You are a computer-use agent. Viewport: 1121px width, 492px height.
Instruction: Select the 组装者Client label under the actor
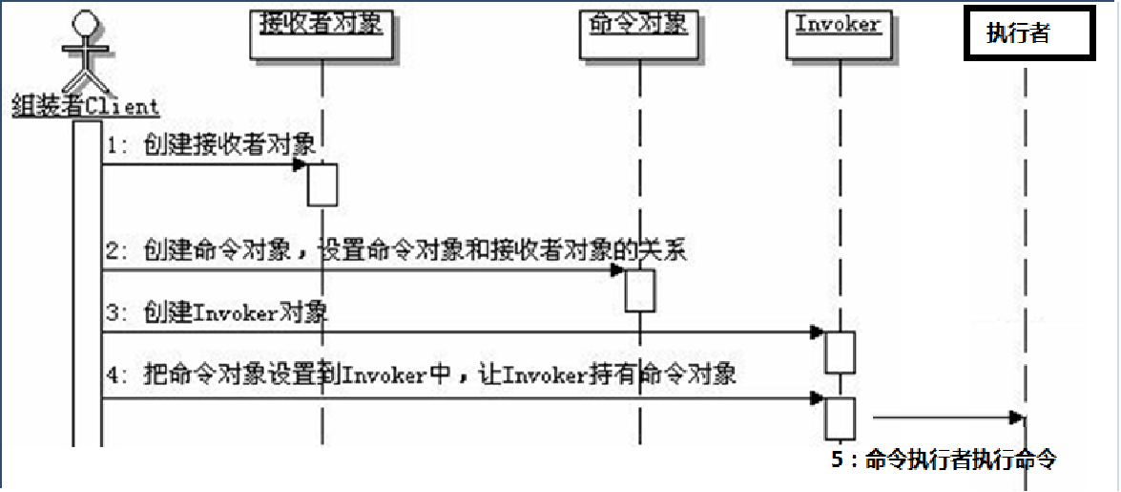(x=86, y=105)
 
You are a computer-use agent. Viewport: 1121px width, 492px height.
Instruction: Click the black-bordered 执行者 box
(x=1026, y=34)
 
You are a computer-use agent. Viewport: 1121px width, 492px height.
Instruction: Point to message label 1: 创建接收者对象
(x=211, y=144)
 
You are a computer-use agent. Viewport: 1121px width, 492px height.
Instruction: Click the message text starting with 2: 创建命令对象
(x=396, y=251)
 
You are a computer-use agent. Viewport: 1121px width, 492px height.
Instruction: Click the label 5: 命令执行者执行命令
(x=944, y=460)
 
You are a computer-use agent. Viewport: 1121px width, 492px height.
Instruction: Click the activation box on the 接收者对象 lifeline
(x=322, y=184)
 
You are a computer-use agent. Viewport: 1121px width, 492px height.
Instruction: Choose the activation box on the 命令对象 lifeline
(x=640, y=289)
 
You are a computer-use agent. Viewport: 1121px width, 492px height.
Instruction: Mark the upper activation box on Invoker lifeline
(x=840, y=352)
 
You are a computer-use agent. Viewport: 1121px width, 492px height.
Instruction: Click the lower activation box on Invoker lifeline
(x=840, y=416)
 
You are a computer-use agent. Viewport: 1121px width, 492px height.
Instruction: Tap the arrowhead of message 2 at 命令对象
(x=618, y=270)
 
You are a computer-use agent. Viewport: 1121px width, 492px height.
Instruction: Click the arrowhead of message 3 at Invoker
(x=818, y=332)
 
